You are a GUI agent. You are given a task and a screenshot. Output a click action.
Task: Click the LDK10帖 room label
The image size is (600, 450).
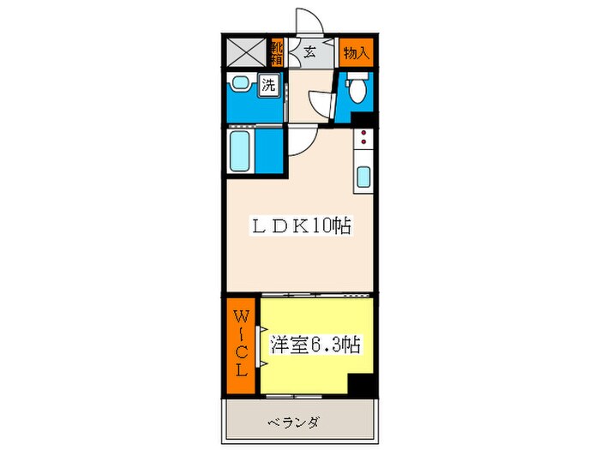point(300,226)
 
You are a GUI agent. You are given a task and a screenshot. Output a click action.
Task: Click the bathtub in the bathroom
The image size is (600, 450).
point(240,152)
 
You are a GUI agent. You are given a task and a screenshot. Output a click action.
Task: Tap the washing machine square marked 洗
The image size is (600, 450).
point(269,85)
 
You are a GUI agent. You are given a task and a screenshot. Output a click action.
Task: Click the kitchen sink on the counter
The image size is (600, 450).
point(363,177)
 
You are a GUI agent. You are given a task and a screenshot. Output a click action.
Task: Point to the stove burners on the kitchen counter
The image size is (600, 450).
point(363,141)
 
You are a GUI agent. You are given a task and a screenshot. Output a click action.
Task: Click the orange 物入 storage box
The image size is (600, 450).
point(356,52)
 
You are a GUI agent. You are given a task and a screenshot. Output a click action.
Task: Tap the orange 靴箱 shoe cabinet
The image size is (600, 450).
point(278,52)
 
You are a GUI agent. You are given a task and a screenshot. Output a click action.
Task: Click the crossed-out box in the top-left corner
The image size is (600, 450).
point(247,52)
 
